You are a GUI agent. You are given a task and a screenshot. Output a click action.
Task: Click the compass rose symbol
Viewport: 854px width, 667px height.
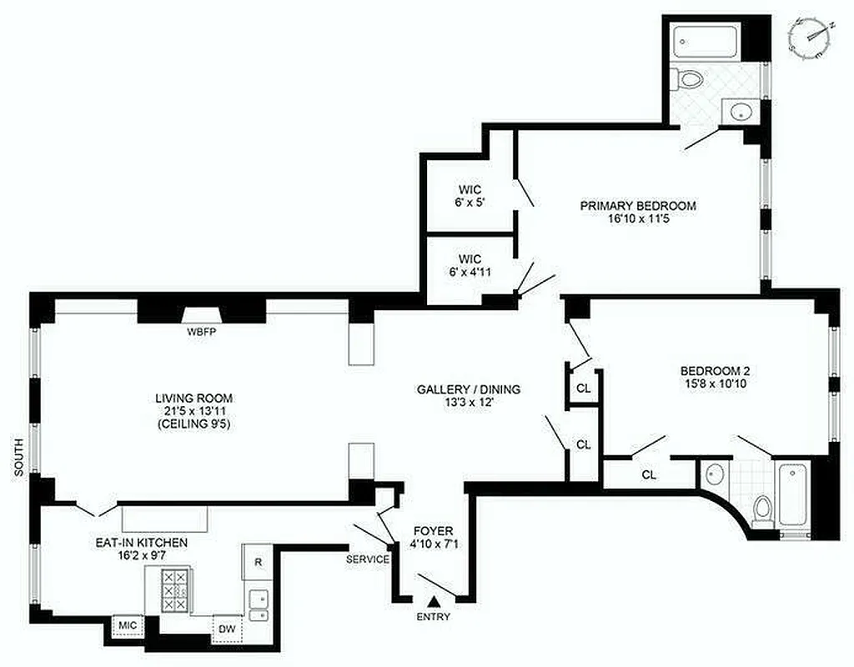pos(812,38)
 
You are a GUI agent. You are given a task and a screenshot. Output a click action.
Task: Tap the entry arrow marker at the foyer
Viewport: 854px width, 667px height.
pos(433,600)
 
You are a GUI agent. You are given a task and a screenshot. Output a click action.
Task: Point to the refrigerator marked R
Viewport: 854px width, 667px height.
pos(258,562)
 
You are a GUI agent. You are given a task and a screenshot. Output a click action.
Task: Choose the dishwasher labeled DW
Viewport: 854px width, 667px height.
pos(225,629)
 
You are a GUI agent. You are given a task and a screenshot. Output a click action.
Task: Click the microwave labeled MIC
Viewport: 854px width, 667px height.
pos(128,624)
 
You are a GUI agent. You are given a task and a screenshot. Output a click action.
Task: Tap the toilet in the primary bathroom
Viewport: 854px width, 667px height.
pos(690,81)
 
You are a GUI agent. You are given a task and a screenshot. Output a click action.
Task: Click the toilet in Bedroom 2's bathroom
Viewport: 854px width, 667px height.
pos(762,509)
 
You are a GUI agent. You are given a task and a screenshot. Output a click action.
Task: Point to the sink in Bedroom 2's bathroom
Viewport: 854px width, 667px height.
pos(714,476)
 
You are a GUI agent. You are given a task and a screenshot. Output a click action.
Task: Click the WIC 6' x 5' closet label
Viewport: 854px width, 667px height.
pos(470,195)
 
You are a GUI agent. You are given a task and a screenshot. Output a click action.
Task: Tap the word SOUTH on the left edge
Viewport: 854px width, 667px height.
pos(19,459)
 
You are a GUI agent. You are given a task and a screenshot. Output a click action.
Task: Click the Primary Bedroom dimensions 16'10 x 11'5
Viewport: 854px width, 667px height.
pos(638,221)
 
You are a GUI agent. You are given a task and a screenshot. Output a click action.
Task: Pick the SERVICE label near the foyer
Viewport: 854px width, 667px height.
pos(368,559)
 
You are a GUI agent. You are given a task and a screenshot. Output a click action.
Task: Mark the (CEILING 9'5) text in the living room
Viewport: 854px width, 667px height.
pos(193,424)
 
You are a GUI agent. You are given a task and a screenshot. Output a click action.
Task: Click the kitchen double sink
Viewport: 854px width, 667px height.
pos(259,606)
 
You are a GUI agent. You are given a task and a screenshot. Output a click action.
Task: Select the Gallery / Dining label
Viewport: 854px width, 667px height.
pos(468,389)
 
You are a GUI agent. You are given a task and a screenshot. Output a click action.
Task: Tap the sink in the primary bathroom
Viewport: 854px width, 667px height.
pos(737,111)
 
